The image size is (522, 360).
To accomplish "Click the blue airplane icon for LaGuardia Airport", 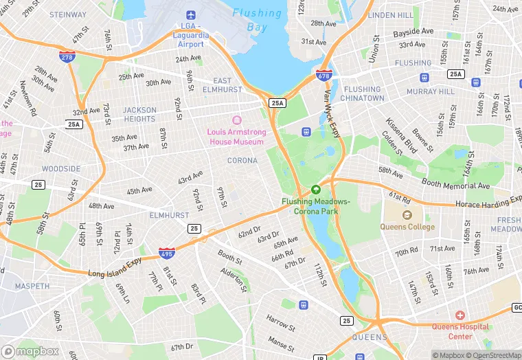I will pyautogui.click(x=191, y=14).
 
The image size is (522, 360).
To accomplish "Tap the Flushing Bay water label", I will pyautogui.click(x=257, y=20).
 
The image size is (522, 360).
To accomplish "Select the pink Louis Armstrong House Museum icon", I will pyautogui.click(x=236, y=120).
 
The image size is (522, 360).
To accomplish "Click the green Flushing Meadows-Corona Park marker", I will pyautogui.click(x=316, y=189).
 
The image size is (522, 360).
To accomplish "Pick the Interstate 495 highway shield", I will pyautogui.click(x=166, y=254).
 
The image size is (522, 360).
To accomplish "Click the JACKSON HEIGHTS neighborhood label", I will pyautogui.click(x=139, y=114).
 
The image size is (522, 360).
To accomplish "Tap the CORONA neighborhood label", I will pyautogui.click(x=242, y=161).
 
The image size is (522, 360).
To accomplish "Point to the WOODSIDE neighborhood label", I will pyautogui.click(x=61, y=168).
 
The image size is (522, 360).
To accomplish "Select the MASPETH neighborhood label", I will pyautogui.click(x=32, y=286).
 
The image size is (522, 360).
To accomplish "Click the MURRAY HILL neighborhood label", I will pyautogui.click(x=431, y=91).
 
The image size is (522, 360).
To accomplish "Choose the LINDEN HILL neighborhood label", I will pyautogui.click(x=391, y=15).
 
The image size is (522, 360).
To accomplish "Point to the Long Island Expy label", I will pyautogui.click(x=115, y=269).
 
